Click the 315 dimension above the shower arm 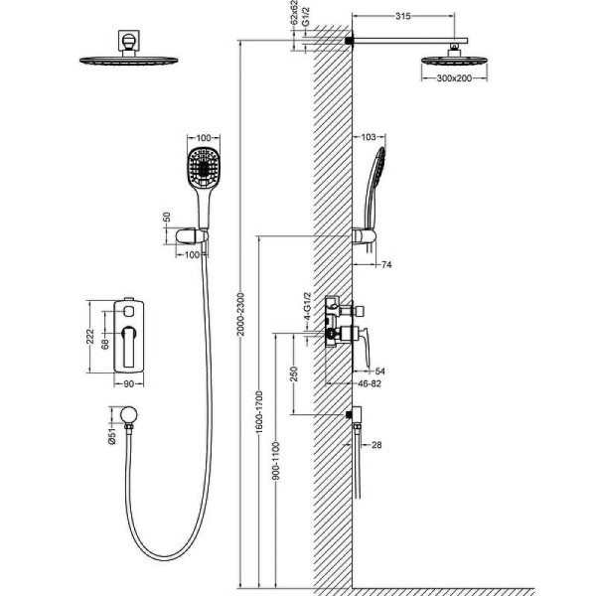pos(403,16)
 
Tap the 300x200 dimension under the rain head pos(454,78)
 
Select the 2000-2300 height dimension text pos(240,314)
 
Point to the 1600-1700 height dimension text pos(259,411)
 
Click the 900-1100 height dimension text pos(276,460)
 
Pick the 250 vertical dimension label pos(294,373)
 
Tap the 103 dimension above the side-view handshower pos(368,137)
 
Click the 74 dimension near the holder pos(386,264)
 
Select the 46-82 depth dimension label pos(370,383)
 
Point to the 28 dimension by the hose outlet pos(376,444)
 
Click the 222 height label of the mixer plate pos(89,337)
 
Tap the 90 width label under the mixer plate pos(129,383)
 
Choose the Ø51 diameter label pos(111,436)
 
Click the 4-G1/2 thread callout pos(308,306)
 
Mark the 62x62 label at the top pos(294,13)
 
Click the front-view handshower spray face pos(204,167)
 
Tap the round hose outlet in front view pos(128,414)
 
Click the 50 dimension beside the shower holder pos(167,217)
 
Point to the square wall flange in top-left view pos(129,40)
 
